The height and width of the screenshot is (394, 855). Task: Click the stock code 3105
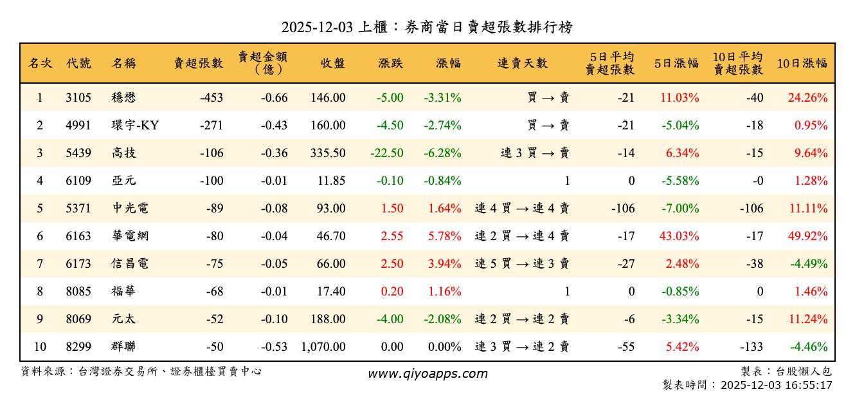pyautogui.click(x=78, y=98)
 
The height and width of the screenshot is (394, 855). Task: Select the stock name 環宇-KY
pyautogui.click(x=135, y=126)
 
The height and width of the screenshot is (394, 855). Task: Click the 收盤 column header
pyautogui.click(x=332, y=63)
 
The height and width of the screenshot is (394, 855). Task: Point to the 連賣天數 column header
pyautogui.click(x=522, y=63)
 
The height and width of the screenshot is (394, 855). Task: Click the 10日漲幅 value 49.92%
pyautogui.click(x=807, y=236)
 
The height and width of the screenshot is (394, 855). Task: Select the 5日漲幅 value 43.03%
pyautogui.click(x=679, y=236)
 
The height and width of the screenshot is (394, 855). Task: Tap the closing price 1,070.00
pyautogui.click(x=323, y=347)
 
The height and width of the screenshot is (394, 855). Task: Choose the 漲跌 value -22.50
pyautogui.click(x=387, y=153)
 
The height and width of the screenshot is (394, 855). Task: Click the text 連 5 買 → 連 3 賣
pyautogui.click(x=521, y=264)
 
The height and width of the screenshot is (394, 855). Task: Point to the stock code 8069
pyautogui.click(x=78, y=319)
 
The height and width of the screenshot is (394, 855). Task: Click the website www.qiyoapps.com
pyautogui.click(x=428, y=374)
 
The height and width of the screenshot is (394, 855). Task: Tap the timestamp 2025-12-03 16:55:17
pyautogui.click(x=777, y=385)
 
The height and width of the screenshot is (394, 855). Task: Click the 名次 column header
pyautogui.click(x=40, y=63)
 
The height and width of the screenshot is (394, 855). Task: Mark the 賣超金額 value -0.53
pyautogui.click(x=274, y=347)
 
